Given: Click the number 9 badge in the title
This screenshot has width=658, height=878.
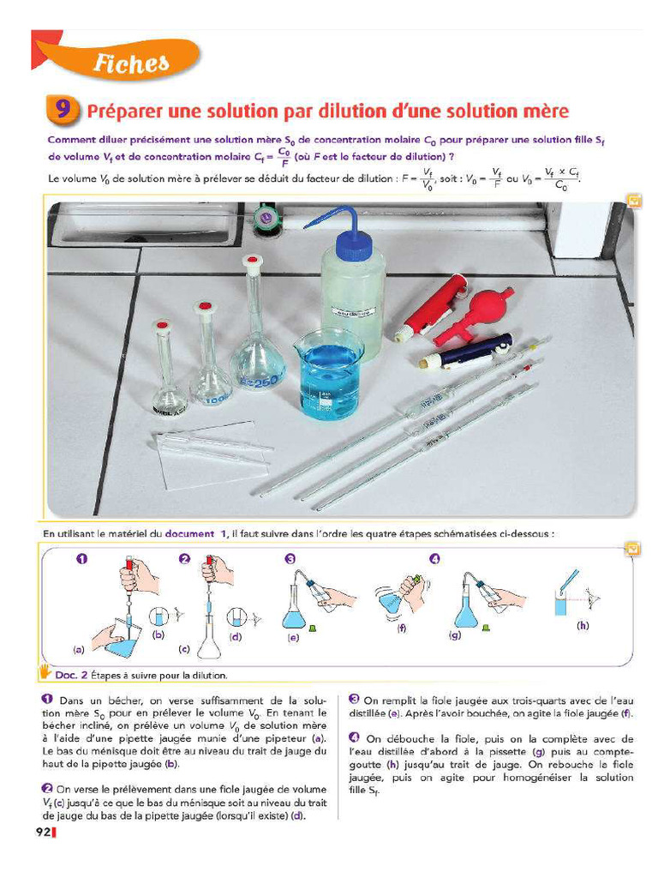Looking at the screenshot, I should (63, 111).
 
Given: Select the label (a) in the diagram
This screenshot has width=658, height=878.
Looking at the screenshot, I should (78, 650).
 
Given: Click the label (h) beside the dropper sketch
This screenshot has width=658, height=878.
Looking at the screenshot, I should (583, 625).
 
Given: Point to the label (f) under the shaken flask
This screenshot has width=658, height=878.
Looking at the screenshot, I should (400, 628).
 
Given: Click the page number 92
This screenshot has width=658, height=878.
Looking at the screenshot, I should (43, 831).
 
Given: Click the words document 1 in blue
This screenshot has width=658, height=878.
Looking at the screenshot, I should (197, 532).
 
